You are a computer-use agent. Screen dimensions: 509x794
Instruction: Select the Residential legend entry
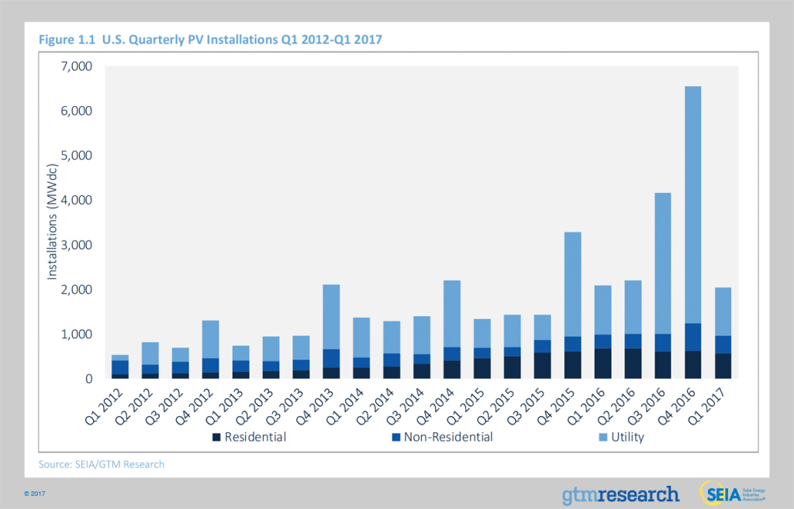[249, 438]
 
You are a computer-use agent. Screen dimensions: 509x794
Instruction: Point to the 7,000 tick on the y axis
[75, 67]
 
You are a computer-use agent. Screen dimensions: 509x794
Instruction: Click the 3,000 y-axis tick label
[75, 246]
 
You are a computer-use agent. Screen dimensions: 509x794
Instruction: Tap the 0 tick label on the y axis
[87, 380]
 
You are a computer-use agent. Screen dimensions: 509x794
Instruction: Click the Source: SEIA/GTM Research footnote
[101, 464]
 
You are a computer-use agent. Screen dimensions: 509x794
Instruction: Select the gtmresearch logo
[620, 494]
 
